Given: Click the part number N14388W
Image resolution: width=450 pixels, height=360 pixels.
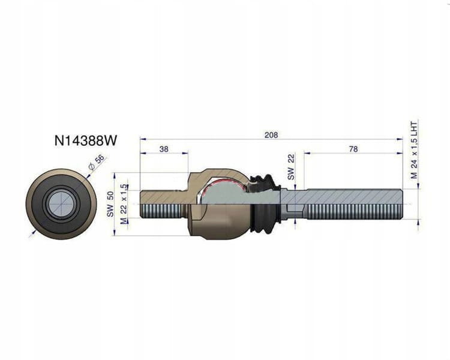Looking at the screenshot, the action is tap(86, 140).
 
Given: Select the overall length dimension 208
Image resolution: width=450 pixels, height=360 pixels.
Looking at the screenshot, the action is tap(271, 134).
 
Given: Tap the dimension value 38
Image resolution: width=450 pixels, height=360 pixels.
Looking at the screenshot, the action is tap(164, 149).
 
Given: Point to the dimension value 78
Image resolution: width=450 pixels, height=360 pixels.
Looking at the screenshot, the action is tap(353, 149).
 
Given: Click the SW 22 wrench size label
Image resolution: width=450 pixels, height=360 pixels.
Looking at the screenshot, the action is tap(291, 167).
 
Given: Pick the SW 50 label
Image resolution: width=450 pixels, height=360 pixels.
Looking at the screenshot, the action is tap(110, 204).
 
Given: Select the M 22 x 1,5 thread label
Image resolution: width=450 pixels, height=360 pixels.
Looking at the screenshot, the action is tap(124, 204).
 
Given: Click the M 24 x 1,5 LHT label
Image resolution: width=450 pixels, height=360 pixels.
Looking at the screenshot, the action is tap(414, 150).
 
